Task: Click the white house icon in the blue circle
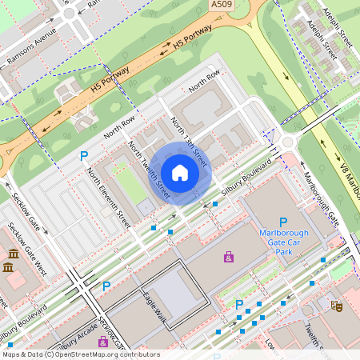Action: coord(180,173)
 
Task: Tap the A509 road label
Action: coord(222,6)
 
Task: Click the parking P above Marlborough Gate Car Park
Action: coord(282,222)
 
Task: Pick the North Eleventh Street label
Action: coord(109,198)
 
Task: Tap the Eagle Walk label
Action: coord(154,309)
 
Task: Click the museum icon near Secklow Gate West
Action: coord(14,256)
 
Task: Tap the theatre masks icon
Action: coord(337,306)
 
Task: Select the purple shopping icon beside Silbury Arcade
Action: coord(102,342)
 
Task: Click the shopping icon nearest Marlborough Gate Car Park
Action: coord(229,257)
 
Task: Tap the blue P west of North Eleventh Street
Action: coord(83,156)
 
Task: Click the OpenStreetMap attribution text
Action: coord(80,354)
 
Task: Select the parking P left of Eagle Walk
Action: coord(106,286)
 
